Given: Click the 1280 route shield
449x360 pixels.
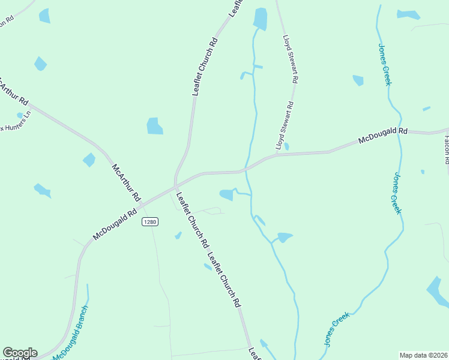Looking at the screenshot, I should [x=150, y=222].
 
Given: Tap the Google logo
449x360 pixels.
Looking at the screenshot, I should [x=20, y=353].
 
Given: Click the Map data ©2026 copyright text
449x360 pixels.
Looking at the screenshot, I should [x=423, y=355].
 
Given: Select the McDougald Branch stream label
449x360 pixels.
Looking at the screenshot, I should [x=70, y=334].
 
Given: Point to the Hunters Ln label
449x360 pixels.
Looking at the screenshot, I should [x=14, y=120].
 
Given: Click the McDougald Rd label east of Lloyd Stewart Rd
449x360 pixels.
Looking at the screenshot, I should [x=383, y=136].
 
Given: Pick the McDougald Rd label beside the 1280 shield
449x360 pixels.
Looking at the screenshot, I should [x=116, y=221].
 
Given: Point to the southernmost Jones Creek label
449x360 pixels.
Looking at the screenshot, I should [x=336, y=328].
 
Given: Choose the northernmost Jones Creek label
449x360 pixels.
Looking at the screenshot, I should [x=384, y=64].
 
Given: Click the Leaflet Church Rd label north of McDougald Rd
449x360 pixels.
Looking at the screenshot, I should [x=205, y=67].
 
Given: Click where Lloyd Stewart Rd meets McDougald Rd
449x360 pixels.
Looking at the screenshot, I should [x=277, y=155].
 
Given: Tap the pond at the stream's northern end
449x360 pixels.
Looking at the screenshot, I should [x=260, y=19].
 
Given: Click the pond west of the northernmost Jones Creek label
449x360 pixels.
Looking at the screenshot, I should [x=358, y=80].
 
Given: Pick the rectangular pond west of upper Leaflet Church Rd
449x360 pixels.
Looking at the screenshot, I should [x=155, y=126].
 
